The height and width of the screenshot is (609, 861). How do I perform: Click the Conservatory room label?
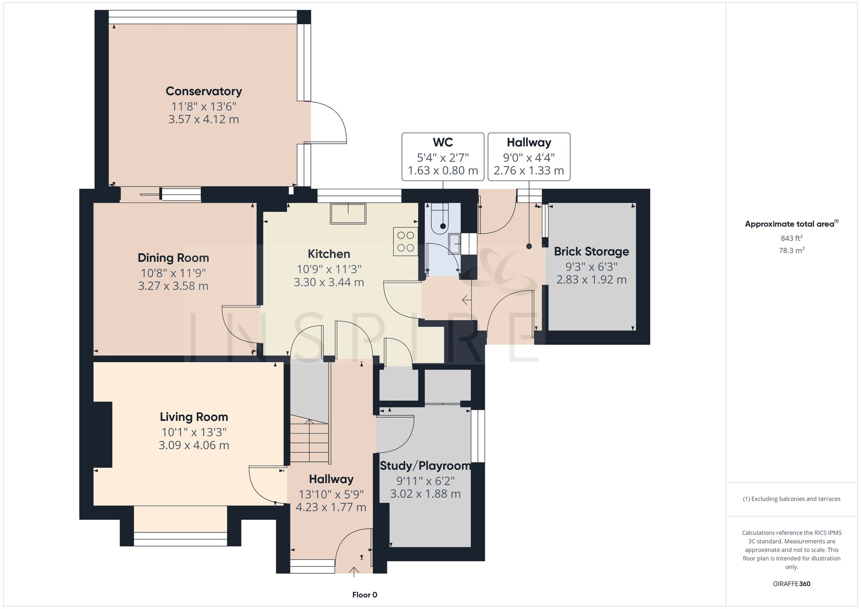tap(204, 91)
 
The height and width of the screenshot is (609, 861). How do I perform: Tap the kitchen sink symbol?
tap(348, 213)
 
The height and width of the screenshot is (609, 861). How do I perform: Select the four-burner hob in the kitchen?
tap(406, 241)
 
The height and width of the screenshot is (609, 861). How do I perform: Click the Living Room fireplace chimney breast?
tap(103, 434)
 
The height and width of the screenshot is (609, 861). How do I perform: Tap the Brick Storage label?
tap(591, 251)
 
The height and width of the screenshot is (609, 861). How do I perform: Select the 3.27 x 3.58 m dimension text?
tap(173, 286)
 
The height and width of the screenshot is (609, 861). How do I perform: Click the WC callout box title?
tap(443, 142)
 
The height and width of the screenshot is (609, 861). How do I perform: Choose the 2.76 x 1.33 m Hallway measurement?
tap(529, 171)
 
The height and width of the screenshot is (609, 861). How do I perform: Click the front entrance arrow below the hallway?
tap(354, 572)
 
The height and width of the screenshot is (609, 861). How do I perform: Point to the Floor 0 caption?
tap(365, 595)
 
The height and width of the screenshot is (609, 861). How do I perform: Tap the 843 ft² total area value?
tap(791, 238)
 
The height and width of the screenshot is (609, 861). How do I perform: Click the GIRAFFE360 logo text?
tap(791, 584)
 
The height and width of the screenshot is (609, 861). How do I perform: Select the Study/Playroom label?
tap(425, 466)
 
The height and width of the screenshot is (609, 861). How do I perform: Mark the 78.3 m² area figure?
tap(791, 250)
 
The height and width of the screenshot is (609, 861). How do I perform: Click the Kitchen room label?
tap(329, 254)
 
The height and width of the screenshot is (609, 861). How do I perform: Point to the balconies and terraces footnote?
tap(791, 499)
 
